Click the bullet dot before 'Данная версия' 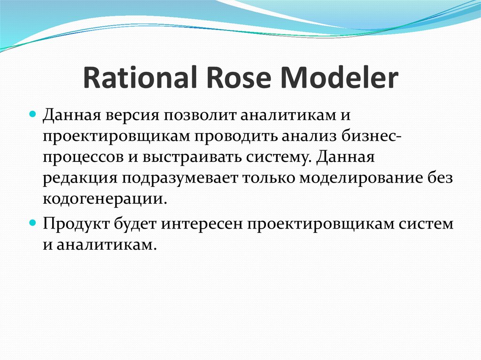[33, 114]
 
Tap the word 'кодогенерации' [104, 200]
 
